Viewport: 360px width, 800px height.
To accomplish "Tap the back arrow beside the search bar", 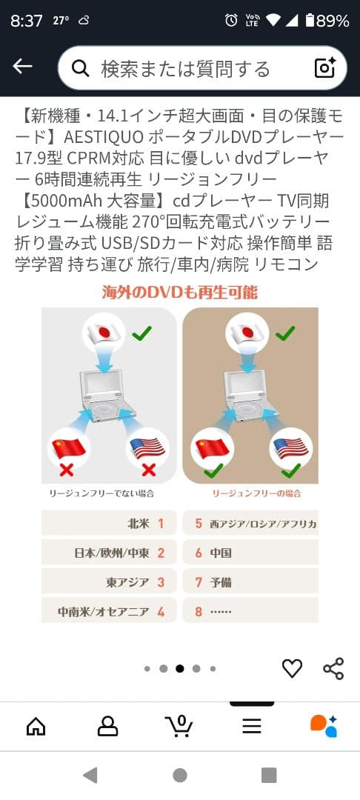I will [22, 67].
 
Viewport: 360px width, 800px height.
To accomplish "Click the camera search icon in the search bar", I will [325, 67].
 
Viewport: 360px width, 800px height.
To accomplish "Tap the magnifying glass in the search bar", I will [80, 69].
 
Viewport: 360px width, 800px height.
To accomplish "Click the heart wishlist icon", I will [293, 668].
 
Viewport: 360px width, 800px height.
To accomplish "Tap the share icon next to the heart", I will [333, 668].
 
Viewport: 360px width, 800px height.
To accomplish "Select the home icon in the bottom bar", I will [36, 726].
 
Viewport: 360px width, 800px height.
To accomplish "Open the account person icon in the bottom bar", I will [108, 726].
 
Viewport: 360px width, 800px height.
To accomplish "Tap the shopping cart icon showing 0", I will [179, 726].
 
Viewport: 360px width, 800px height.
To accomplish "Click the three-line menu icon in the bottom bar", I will [252, 726].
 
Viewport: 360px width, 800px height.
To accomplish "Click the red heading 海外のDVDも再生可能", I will [180, 292].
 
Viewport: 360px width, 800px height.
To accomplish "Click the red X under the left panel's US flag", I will [148, 470].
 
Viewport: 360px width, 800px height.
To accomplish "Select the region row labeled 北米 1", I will [109, 523].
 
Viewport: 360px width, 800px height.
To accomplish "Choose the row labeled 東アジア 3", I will [109, 582].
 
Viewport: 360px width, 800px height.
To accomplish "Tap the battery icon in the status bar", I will [310, 21].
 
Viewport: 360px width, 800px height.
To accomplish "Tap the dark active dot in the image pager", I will [180, 668].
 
